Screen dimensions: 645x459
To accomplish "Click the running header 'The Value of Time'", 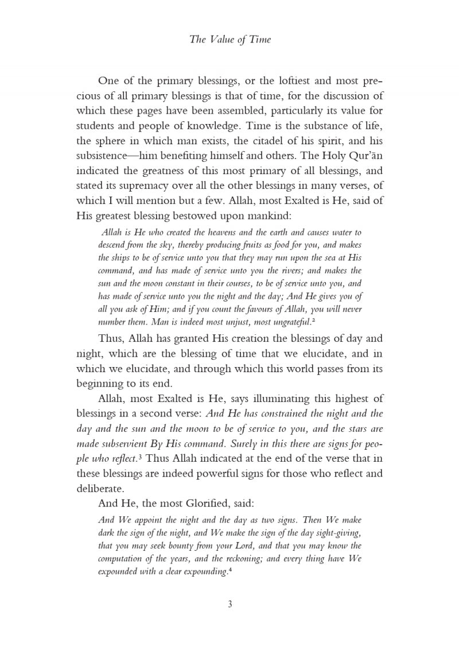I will tap(229, 39).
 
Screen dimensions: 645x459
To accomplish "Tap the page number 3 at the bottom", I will tap(229, 604).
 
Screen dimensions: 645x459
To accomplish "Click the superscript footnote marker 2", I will tap(313, 320).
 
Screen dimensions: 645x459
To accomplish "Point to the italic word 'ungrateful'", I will tap(290, 322).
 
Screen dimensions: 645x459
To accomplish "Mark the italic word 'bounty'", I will tap(185, 546).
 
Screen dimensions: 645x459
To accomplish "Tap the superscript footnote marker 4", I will tap(229, 570).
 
